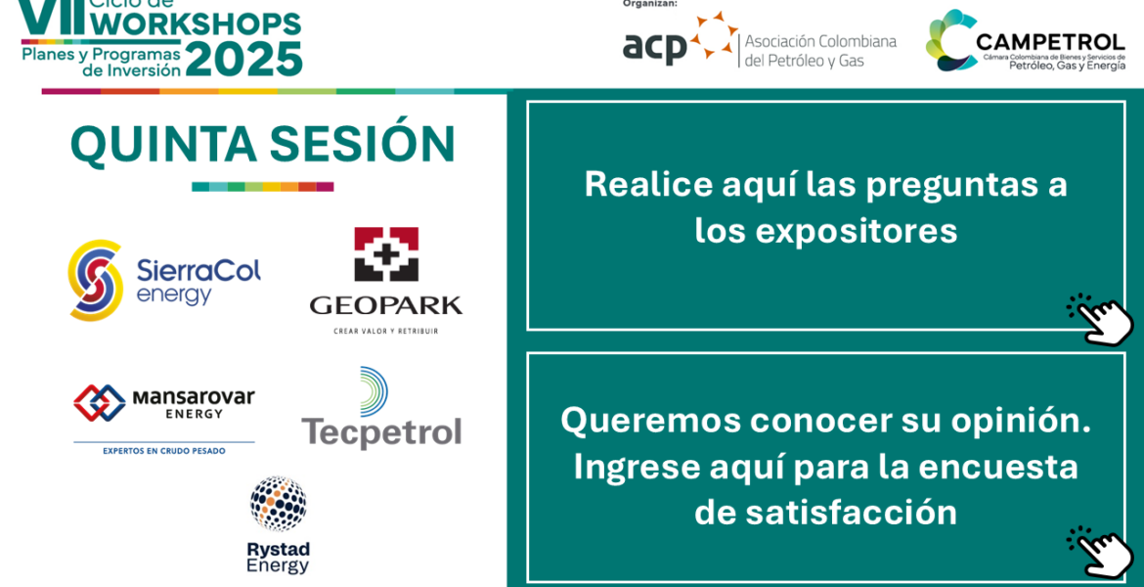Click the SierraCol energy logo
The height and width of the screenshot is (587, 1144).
tap(164, 281)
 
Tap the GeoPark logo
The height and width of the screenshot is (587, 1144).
tap(386, 281)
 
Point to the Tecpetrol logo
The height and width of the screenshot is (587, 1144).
tap(381, 407)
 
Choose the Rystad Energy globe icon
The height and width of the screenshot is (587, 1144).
tap(278, 504)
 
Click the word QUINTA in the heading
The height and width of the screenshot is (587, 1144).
tap(162, 144)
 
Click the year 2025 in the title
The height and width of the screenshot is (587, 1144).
tap(243, 59)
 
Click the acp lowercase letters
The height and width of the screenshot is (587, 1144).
tap(654, 49)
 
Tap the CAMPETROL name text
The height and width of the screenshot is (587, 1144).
tap(1050, 42)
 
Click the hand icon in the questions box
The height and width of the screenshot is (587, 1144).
tap(1099, 319)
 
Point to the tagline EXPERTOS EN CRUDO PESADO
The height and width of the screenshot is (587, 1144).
tap(164, 451)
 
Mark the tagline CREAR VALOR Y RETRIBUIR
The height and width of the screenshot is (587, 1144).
tap(386, 332)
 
